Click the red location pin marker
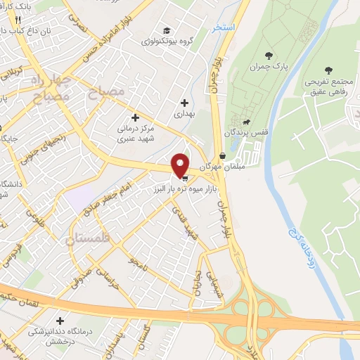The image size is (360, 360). [x=181, y=165]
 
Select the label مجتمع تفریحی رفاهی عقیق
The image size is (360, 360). [x=328, y=85]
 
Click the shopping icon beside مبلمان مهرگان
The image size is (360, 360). [x=223, y=156]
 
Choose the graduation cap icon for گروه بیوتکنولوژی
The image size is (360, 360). [x=167, y=30]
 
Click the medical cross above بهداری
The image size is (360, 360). [x=184, y=103]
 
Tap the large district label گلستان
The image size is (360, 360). [x=89, y=239]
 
